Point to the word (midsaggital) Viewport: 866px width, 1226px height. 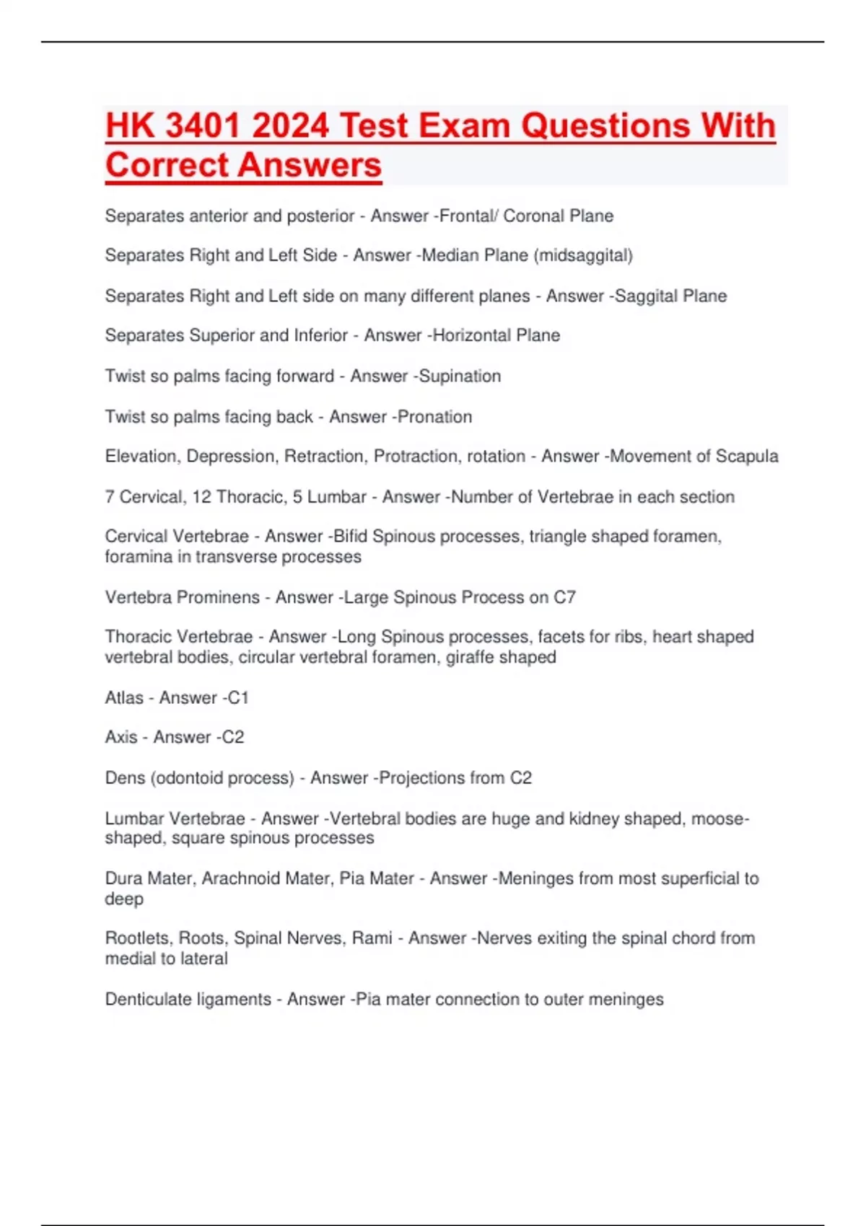(583, 255)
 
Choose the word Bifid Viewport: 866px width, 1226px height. (350, 537)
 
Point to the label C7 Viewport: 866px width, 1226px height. (564, 597)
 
